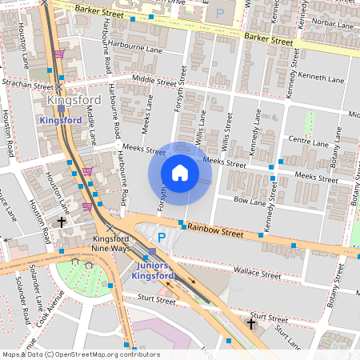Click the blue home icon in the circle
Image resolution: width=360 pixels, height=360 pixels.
tap(180, 173)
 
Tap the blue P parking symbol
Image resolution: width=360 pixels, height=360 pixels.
tap(161, 238)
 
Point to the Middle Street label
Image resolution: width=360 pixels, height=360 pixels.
tap(154, 81)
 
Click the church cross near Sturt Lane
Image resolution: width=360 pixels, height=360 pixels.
tap(251, 323)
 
